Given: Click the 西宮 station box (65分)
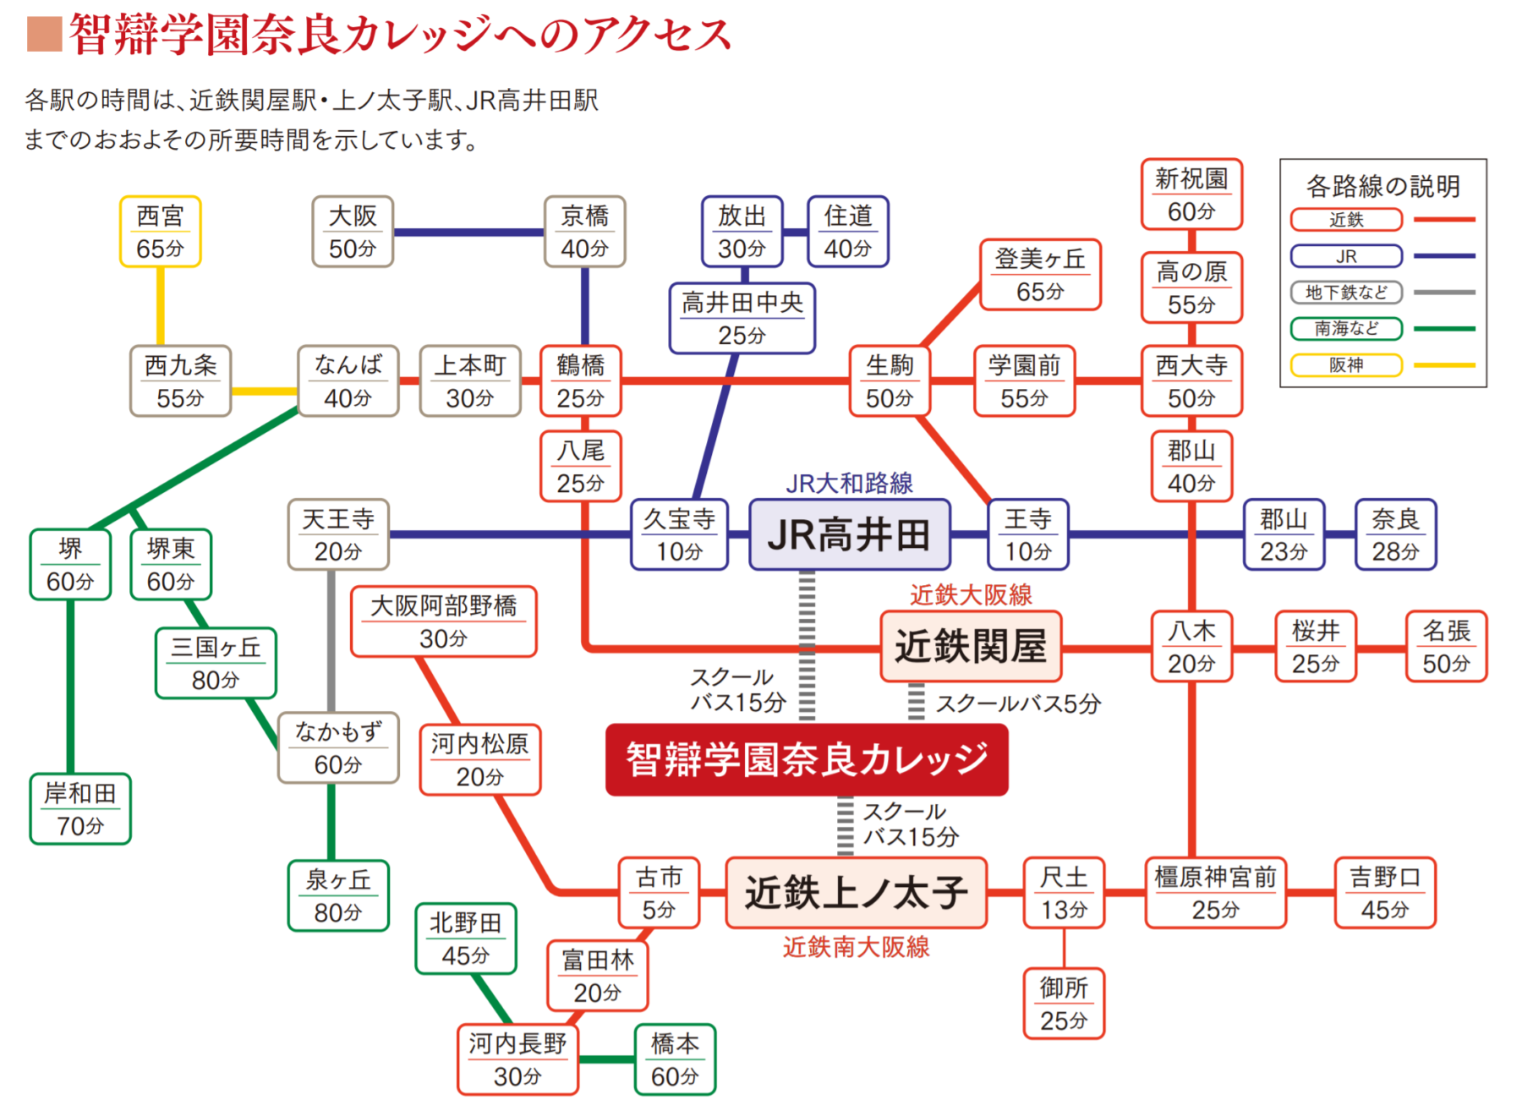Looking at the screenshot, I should click(x=160, y=232).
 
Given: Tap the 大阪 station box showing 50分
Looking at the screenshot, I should click(x=352, y=232).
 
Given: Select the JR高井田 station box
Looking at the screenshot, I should click(x=849, y=534).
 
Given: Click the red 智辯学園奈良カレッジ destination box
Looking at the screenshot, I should click(x=807, y=759).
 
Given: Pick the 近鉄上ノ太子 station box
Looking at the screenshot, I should click(x=856, y=893).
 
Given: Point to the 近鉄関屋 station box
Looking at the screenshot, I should click(x=971, y=647).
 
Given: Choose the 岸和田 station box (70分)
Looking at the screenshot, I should click(x=80, y=808).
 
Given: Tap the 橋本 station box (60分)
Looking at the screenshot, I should click(x=675, y=1059).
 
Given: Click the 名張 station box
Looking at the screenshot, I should click(x=1446, y=647).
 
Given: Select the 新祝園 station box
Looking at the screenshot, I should click(x=1191, y=194).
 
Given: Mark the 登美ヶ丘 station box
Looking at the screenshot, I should click(x=1040, y=275).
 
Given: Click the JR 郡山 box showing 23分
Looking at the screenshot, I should click(x=1284, y=534).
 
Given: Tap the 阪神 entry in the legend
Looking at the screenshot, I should click(x=1346, y=365).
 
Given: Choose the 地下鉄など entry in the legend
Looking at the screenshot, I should click(x=1346, y=293).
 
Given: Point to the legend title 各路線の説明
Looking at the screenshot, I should click(x=1382, y=186).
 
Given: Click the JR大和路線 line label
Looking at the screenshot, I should click(x=849, y=484).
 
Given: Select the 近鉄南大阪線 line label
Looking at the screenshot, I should click(x=856, y=947).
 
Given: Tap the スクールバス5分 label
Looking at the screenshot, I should click(x=1018, y=703).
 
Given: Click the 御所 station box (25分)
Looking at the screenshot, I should click(x=1064, y=1004).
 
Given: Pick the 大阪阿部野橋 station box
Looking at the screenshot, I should click(x=443, y=621).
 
